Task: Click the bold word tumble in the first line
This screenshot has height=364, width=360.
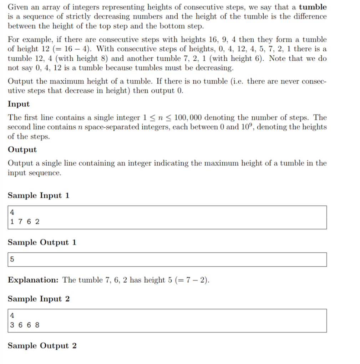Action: [x=313, y=7]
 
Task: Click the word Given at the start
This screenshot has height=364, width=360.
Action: [x=18, y=7]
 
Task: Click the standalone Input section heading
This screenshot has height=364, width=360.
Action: [x=19, y=104]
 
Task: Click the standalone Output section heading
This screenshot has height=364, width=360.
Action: [x=22, y=150]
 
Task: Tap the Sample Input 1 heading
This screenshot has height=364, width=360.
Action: [x=39, y=196]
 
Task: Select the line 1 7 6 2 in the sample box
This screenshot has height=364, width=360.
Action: [x=25, y=222]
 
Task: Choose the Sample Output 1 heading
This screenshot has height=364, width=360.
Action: [x=42, y=242]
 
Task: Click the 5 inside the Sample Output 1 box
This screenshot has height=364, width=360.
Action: [x=12, y=259]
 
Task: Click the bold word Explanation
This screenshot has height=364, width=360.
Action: [x=33, y=280]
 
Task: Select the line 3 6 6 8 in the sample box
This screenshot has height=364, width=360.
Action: [x=25, y=325]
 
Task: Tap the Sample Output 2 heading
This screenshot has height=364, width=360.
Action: [x=42, y=346]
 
